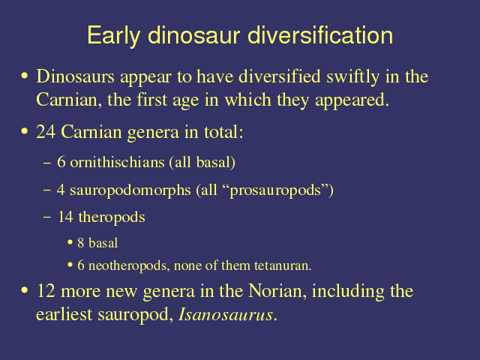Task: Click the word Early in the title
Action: pyautogui.click(x=113, y=36)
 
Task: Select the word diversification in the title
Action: pyautogui.click(x=320, y=35)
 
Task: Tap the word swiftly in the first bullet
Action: pyautogui.click(x=352, y=76)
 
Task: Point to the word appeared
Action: pyautogui.click(x=352, y=100)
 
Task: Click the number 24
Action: pyautogui.click(x=46, y=132)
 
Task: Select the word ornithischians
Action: pyautogui.click(x=117, y=162)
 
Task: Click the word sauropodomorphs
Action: pyautogui.click(x=130, y=190)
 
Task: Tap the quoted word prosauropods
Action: pyautogui.click(x=275, y=190)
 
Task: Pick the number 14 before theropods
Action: pyautogui.click(x=65, y=217)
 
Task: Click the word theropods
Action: pyautogui.click(x=112, y=217)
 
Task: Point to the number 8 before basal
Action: pyautogui.click(x=81, y=243)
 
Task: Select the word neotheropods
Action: pyautogui.click(x=129, y=265)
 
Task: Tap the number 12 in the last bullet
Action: pyautogui.click(x=46, y=291)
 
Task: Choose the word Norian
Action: pyautogui.click(x=277, y=291)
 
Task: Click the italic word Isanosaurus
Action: pyautogui.click(x=226, y=314)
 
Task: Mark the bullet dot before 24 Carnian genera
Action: pyautogui.click(x=25, y=132)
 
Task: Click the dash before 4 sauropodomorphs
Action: pyautogui.click(x=47, y=190)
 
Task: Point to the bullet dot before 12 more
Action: pyautogui.click(x=25, y=290)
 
